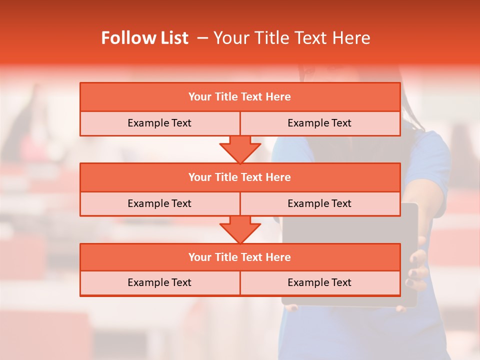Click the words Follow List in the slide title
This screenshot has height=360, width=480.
click(144, 38)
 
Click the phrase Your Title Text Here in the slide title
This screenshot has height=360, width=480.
click(292, 38)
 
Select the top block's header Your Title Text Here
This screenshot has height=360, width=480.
click(239, 97)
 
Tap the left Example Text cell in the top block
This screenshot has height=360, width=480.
click(159, 123)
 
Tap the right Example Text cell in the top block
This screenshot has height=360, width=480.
click(319, 123)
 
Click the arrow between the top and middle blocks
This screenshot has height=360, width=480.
click(240, 149)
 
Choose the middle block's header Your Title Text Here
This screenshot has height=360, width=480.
click(239, 177)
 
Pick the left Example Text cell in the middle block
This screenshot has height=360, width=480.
click(159, 203)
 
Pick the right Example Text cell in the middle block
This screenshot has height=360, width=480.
click(319, 203)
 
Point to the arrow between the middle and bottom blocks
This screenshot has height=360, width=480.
click(240, 229)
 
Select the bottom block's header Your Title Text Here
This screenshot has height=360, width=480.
click(239, 257)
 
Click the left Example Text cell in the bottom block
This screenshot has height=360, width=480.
click(159, 282)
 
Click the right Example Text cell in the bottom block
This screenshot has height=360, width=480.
click(319, 282)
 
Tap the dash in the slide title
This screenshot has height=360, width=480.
click(202, 38)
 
